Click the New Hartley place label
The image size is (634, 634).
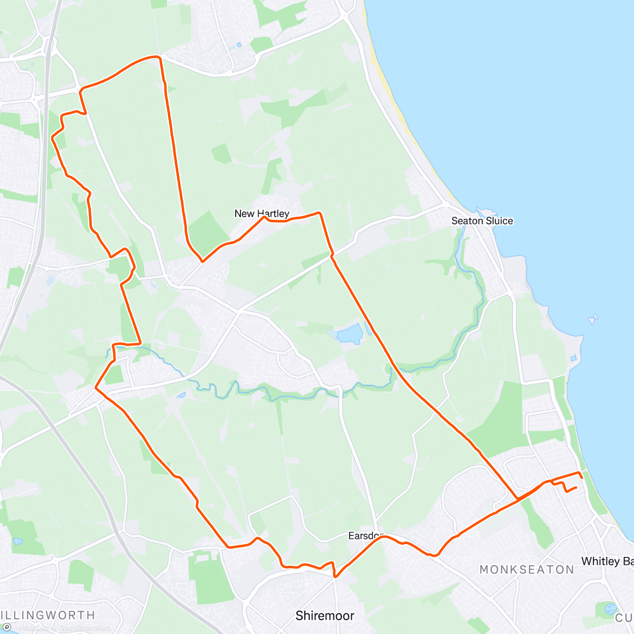(262, 213)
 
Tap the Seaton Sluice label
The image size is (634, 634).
(482, 221)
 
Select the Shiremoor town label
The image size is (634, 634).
(324, 616)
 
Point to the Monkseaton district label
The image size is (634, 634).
(527, 570)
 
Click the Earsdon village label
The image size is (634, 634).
(365, 536)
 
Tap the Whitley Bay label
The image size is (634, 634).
(607, 561)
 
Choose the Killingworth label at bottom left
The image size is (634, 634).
(48, 615)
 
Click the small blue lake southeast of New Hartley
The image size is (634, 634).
(349, 334)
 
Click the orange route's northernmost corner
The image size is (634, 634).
(157, 57)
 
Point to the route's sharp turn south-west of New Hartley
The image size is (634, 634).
(202, 260)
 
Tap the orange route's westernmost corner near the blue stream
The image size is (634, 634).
(96, 388)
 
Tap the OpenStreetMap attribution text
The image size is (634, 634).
(85, 627)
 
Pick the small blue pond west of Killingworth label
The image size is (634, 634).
(17, 542)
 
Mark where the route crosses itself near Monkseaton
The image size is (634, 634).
(517, 498)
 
